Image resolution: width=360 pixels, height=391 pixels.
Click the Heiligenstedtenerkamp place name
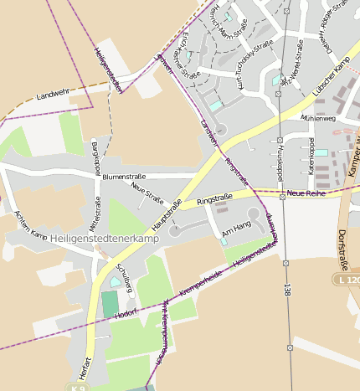(x=105, y=239)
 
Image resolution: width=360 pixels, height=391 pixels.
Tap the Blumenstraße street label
(x=124, y=177)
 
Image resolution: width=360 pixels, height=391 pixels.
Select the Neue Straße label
(x=147, y=195)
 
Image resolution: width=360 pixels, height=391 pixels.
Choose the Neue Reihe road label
(x=305, y=193)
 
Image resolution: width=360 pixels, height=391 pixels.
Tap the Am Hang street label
(x=235, y=227)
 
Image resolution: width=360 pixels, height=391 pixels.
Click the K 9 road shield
(x=77, y=388)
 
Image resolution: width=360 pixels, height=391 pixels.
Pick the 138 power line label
(x=286, y=291)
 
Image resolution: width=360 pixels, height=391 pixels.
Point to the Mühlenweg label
(x=318, y=119)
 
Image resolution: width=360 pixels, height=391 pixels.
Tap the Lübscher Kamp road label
(x=329, y=77)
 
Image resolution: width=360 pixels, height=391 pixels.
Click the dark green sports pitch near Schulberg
(x=111, y=304)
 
